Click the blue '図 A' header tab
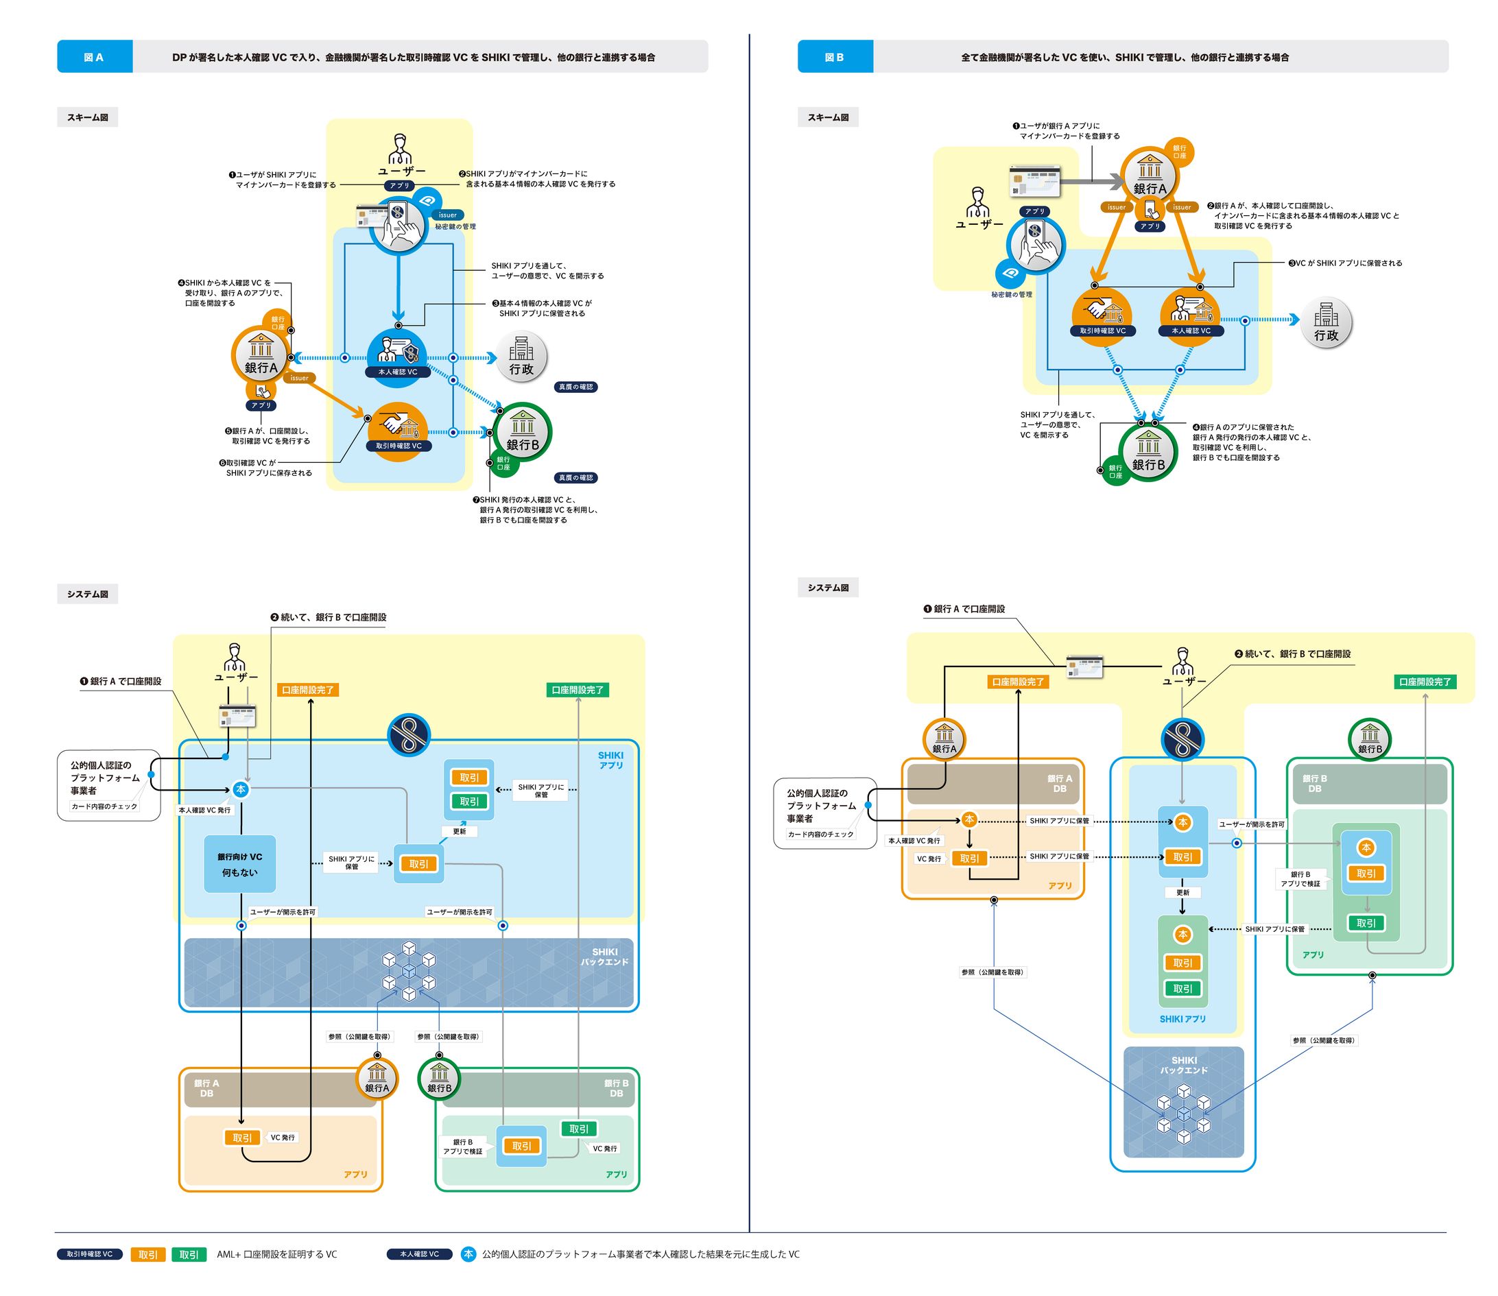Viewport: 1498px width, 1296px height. (x=94, y=57)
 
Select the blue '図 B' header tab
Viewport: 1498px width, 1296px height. (x=834, y=57)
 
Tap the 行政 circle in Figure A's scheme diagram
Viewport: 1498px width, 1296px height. (x=521, y=357)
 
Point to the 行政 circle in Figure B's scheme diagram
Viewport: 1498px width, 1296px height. (x=1326, y=323)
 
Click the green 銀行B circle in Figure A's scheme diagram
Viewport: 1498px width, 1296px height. (x=522, y=433)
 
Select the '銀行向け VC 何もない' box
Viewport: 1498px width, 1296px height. (x=240, y=864)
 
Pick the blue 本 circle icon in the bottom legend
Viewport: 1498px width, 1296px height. (x=468, y=1254)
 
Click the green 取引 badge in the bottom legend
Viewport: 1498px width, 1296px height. (x=189, y=1255)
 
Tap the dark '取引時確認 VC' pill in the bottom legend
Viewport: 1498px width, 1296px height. (x=90, y=1254)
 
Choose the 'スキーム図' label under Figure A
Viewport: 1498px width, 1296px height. (x=88, y=117)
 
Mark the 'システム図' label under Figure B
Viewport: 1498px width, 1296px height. (x=827, y=588)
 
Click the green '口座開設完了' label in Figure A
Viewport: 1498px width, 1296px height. (x=578, y=690)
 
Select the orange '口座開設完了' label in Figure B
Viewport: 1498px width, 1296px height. (x=1018, y=682)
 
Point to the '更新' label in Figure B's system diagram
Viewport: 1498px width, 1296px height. (x=1182, y=892)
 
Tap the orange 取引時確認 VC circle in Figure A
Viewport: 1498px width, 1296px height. (x=398, y=431)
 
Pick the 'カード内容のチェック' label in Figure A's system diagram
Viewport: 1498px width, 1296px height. (x=104, y=806)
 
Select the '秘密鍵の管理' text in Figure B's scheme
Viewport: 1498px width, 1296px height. (x=1011, y=295)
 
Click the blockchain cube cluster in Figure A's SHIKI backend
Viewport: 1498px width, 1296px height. (x=409, y=970)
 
